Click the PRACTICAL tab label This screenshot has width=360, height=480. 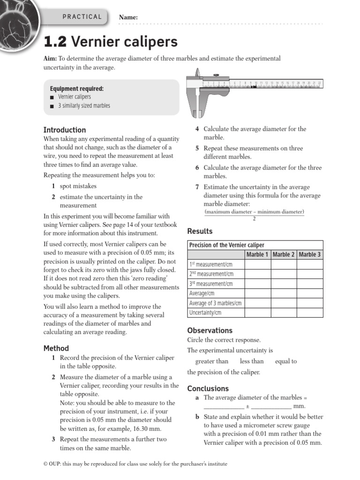click(x=82, y=17)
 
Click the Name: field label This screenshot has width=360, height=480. click(x=128, y=17)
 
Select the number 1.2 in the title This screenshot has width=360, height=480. click(x=55, y=42)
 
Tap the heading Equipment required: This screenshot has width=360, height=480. click(x=77, y=89)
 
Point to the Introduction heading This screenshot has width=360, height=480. click(x=65, y=130)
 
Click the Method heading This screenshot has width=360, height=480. click(x=56, y=348)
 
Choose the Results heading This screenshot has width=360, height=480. click(x=200, y=231)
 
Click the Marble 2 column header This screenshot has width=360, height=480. click(x=284, y=255)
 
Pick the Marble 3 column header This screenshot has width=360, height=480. click(x=310, y=255)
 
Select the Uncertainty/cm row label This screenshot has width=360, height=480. click(x=205, y=313)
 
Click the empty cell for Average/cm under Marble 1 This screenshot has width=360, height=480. click(x=257, y=293)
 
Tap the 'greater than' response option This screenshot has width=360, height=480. click(x=212, y=361)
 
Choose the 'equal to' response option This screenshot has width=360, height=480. click(x=286, y=361)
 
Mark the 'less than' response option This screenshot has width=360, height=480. click(x=252, y=361)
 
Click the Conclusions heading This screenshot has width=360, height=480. click(x=208, y=389)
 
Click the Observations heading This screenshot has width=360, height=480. click(x=210, y=330)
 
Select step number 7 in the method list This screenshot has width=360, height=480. click(x=197, y=187)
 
